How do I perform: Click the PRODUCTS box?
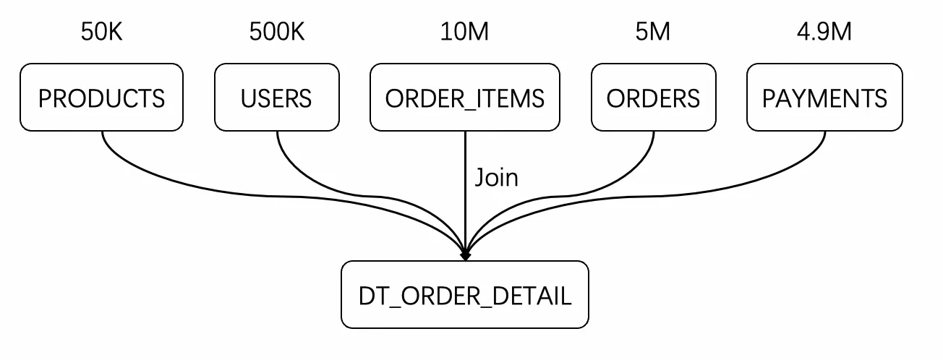point(101,98)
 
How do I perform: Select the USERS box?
point(276,98)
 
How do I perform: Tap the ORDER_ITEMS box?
point(465,98)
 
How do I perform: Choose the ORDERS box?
point(653,98)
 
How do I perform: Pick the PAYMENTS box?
point(824,98)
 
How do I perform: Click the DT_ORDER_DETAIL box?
point(465,294)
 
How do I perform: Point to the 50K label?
point(101,32)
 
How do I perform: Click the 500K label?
point(276,32)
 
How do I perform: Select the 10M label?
point(464,32)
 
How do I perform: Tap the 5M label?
point(652,32)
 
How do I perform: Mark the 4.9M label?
point(824,32)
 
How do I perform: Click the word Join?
point(496,178)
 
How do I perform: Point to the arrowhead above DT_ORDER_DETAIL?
point(465,255)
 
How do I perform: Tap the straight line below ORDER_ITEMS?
point(465,192)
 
